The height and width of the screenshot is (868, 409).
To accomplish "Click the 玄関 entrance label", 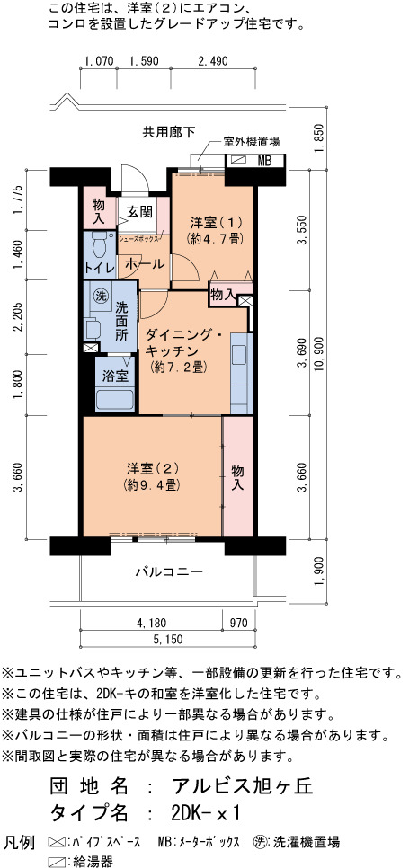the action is click(139, 211).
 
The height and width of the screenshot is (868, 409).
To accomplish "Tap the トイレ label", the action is click(100, 268).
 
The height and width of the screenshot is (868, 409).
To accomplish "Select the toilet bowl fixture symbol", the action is click(100, 244).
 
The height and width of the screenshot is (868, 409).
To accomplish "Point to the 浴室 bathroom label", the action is click(116, 376).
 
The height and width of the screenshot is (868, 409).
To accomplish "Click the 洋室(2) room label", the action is click(151, 469).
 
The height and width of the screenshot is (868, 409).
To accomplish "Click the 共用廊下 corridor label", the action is click(169, 132).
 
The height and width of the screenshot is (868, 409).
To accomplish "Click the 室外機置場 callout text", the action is click(252, 142).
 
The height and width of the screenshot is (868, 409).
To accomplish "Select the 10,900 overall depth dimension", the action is click(318, 354).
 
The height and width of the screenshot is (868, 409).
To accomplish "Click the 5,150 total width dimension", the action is click(167, 640).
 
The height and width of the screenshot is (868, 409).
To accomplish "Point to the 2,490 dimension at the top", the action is click(212, 61).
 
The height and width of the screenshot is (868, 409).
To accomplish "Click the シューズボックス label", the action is click(139, 239).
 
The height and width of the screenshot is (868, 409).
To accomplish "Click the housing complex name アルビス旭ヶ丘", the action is click(243, 786).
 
